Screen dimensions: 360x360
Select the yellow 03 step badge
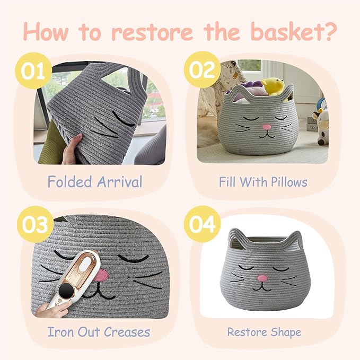click(x=33, y=225)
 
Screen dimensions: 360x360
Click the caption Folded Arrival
click(x=94, y=182)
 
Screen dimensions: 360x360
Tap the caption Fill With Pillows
click(x=263, y=182)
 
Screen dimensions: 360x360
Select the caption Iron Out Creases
click(x=99, y=332)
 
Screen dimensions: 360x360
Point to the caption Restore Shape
click(x=264, y=332)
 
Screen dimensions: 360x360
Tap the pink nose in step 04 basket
click(x=262, y=278)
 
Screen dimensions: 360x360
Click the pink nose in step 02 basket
click(x=267, y=127)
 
